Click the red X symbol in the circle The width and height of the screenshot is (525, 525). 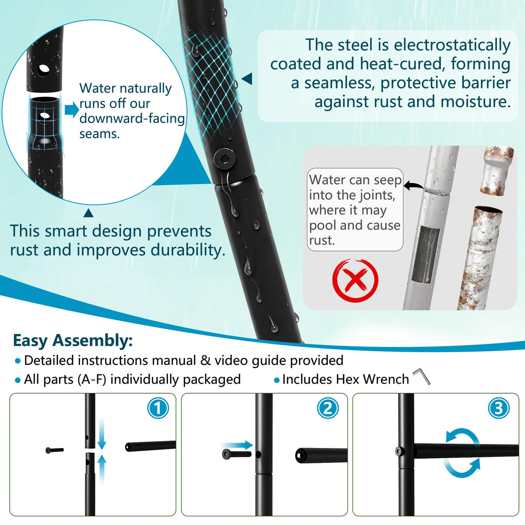pos(355,280)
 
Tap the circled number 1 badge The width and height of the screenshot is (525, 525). pos(158,408)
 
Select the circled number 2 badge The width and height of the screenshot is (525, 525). pos(328,408)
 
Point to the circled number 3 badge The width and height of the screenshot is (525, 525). pos(498,408)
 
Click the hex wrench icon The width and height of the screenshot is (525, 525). pos(422,377)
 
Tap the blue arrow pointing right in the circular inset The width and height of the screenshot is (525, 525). pos(72,110)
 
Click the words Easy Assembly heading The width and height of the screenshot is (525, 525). pos(73,340)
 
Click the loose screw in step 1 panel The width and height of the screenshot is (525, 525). pos(55,450)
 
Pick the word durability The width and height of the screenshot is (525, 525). pos(188,250)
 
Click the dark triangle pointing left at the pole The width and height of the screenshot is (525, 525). pos(247,79)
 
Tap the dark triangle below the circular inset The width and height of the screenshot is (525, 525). pos(88,213)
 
